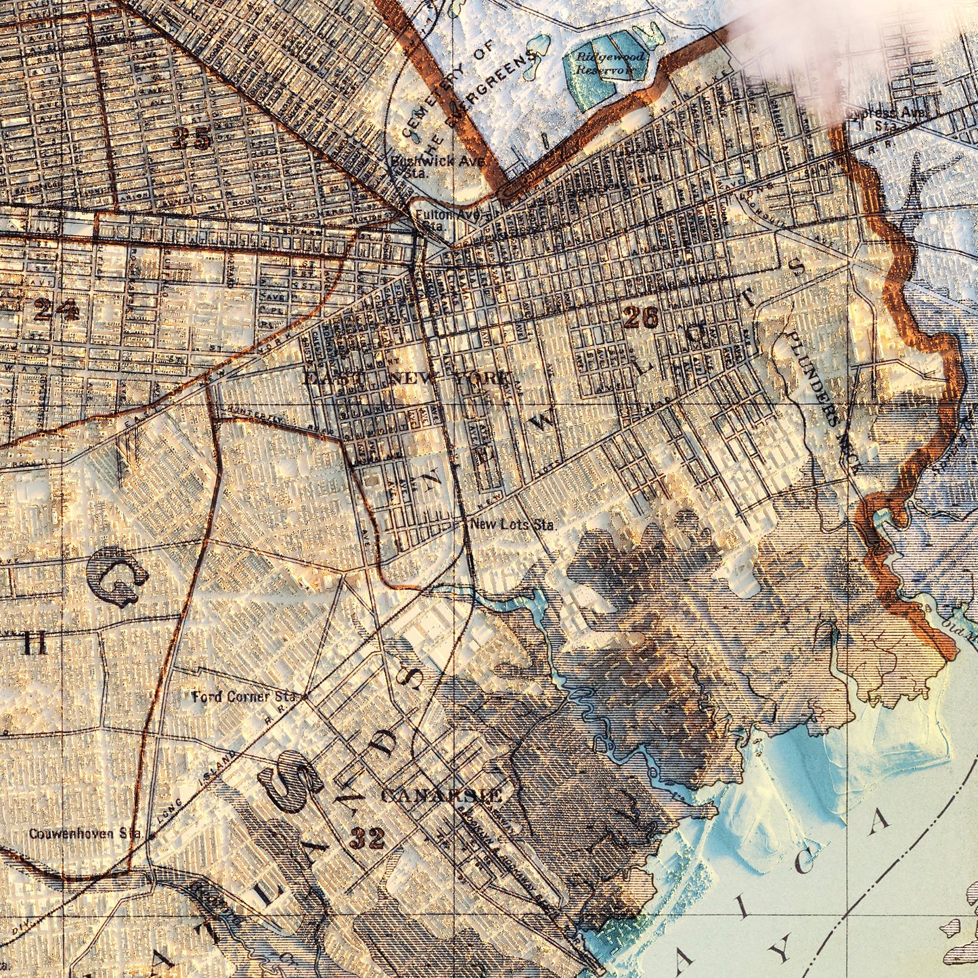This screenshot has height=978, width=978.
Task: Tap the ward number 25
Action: coord(192,139)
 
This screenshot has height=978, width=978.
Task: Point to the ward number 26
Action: coord(640,317)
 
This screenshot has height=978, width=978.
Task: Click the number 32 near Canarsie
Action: coord(368,839)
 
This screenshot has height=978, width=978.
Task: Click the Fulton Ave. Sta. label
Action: coord(447,220)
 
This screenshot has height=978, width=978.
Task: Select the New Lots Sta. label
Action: coord(512,524)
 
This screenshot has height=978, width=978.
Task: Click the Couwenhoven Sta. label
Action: coord(85,833)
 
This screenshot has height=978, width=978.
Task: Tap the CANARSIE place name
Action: coord(441,795)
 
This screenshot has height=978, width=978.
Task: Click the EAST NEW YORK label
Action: coord(406,378)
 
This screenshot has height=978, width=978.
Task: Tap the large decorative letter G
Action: coord(116,575)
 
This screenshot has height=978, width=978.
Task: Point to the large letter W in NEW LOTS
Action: coord(541,423)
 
